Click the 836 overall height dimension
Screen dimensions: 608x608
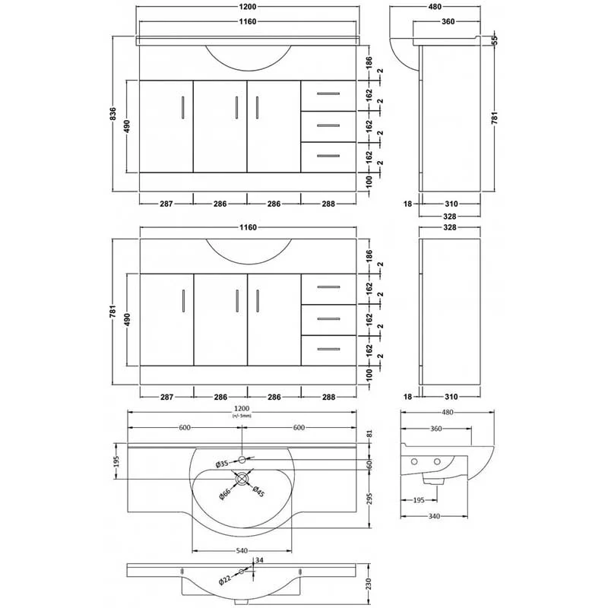[x=112, y=113]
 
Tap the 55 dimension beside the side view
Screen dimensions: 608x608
[x=495, y=40]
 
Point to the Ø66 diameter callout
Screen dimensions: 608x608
[x=225, y=493]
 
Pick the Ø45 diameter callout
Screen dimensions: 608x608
[x=258, y=491]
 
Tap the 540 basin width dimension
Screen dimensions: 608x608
[x=242, y=550]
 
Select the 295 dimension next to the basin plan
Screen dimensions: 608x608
[x=369, y=499]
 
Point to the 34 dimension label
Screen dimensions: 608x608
[x=260, y=559]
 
